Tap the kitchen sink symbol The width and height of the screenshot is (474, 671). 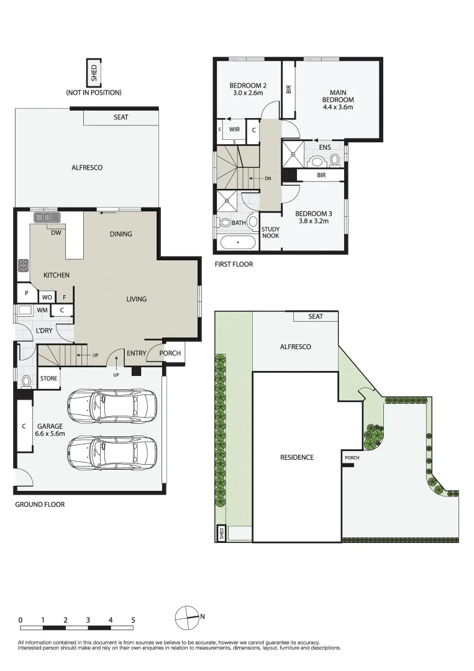(x=47, y=217)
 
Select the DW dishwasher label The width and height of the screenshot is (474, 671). (x=56, y=233)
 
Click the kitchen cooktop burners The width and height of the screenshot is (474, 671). (x=24, y=265)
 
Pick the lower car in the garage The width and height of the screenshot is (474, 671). (x=112, y=452)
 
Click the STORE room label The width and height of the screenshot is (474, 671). (x=49, y=378)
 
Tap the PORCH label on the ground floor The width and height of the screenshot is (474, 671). (x=170, y=353)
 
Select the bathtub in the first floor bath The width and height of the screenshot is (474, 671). (x=238, y=242)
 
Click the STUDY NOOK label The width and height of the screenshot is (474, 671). (x=270, y=232)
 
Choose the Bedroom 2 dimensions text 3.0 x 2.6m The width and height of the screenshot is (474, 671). (x=247, y=93)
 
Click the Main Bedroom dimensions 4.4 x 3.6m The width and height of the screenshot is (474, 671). (x=337, y=107)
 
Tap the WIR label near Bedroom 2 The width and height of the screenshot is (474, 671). (x=234, y=130)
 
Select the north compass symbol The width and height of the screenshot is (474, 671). (x=186, y=617)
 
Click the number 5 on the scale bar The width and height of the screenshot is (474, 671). (x=133, y=620)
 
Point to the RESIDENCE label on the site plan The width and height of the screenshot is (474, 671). (x=296, y=457)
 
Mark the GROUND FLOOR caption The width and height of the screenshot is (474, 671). (x=40, y=504)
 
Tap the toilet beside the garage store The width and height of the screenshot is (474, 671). (x=26, y=381)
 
